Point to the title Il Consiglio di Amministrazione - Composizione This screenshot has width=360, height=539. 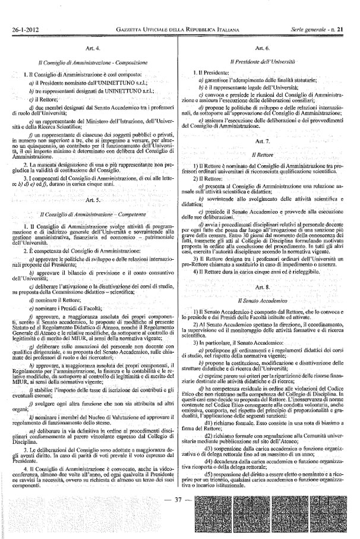[x=93, y=61]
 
